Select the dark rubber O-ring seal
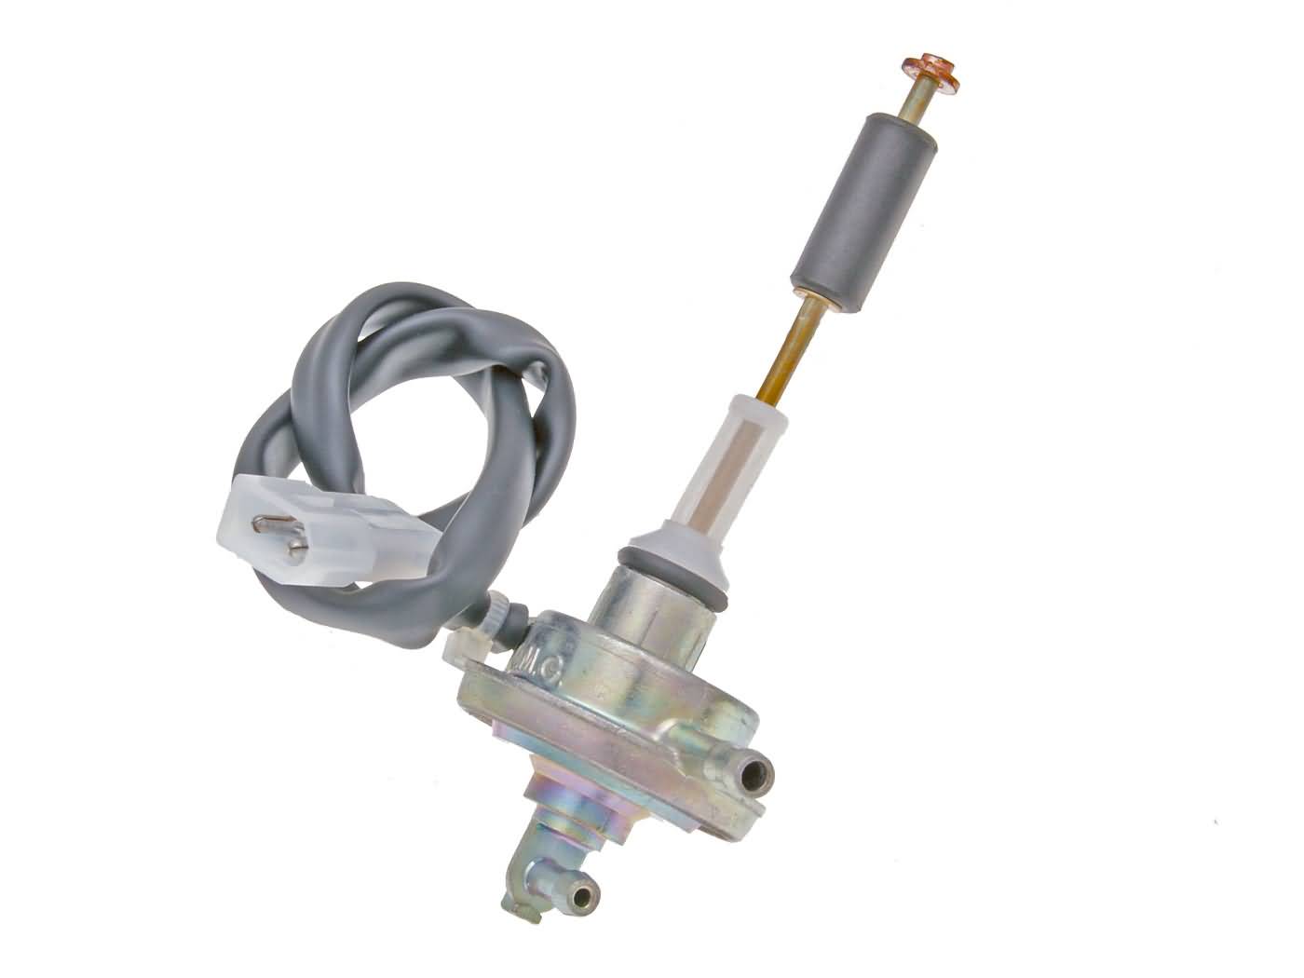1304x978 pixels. click(663, 566)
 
